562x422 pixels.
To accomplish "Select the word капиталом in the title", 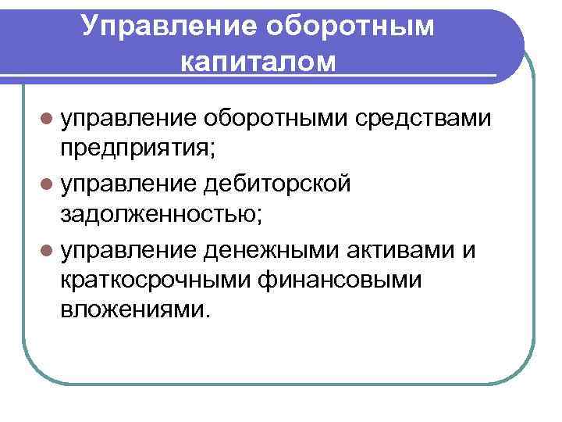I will coord(259,61).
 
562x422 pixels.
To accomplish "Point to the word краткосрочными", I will coord(152,279).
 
